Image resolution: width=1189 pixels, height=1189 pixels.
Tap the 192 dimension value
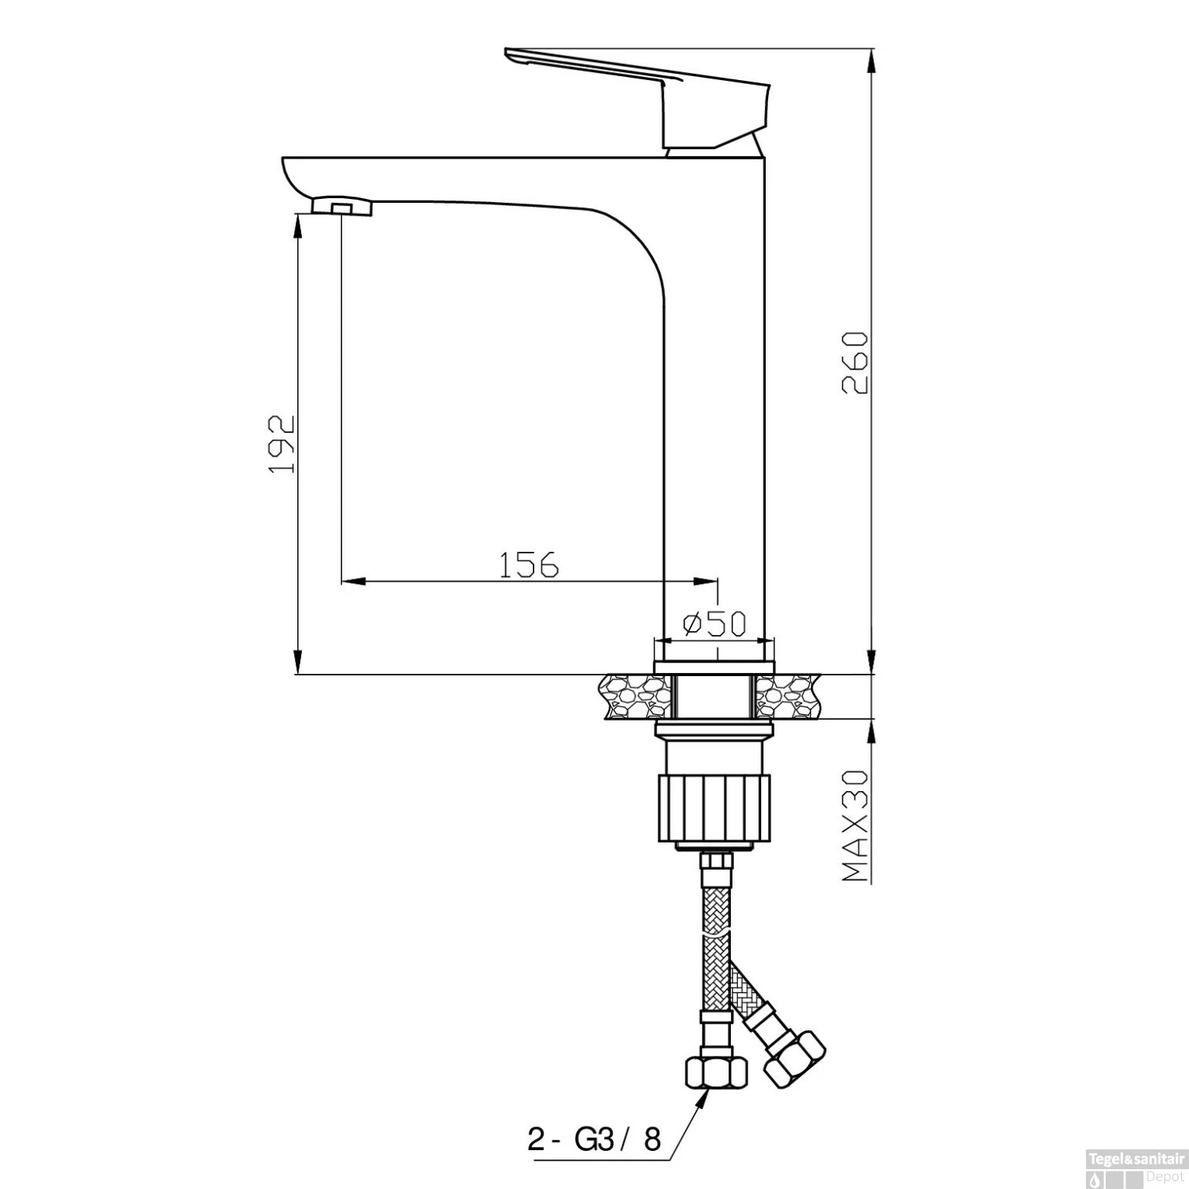pos(281,444)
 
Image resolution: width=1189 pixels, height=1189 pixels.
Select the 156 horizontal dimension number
pos(528,564)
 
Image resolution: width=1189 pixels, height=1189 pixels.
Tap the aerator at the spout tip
pos(342,207)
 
